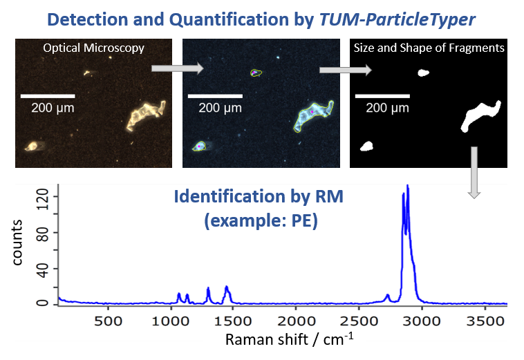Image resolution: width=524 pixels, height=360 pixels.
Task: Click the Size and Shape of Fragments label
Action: (429, 48)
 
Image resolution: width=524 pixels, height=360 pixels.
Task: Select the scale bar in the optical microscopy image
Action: (48, 95)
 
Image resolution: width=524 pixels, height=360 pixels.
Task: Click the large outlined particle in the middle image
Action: (313, 116)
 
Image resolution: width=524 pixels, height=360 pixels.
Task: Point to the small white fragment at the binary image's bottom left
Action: (367, 146)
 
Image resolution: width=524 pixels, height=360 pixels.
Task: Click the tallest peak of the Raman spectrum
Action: (407, 187)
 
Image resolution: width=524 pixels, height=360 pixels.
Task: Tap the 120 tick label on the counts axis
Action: (44, 197)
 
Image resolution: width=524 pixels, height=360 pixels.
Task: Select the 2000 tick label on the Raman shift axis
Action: (296, 321)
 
